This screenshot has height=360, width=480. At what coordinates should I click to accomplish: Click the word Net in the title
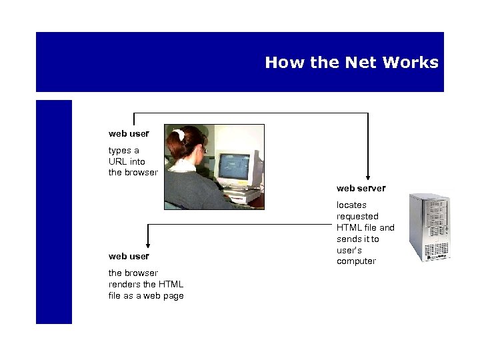point(360,63)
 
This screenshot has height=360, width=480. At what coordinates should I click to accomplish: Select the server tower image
point(429,227)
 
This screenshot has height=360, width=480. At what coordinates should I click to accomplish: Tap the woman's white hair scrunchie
point(179,135)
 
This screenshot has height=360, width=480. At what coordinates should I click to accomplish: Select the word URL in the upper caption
point(118,161)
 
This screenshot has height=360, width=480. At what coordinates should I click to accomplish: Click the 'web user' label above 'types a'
point(129,133)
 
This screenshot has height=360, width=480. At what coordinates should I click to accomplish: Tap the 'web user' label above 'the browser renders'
point(129,256)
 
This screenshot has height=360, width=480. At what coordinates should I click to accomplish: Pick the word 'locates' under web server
point(351,205)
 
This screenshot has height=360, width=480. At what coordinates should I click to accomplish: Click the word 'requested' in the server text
point(357,216)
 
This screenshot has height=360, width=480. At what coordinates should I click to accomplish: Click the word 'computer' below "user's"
point(356,261)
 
